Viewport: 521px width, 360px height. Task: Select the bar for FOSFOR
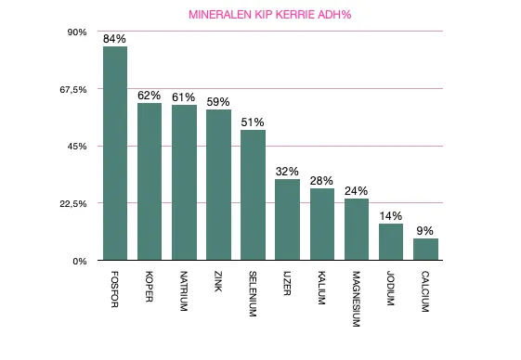[115, 153]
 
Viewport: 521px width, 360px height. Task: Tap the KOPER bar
[150, 182]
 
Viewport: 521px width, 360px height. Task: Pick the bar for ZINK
[218, 186]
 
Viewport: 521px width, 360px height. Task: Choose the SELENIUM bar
[253, 196]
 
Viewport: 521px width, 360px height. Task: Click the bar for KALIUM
[322, 225]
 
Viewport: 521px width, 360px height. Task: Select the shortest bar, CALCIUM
[425, 250]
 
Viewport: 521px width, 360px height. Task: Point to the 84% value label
[115, 39]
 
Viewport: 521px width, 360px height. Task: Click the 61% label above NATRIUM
[184, 97]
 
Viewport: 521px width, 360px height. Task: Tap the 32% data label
[288, 171]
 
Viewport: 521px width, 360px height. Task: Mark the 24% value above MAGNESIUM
[357, 191]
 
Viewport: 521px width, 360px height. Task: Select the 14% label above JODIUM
[391, 216]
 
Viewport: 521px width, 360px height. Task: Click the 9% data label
[425, 230]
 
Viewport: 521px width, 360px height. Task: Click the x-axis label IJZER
[288, 287]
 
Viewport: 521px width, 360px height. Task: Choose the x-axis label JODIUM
[391, 289]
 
